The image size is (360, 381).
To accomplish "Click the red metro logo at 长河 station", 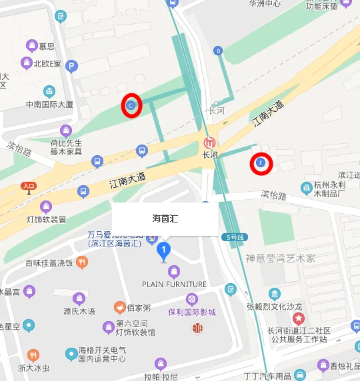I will click(210, 143).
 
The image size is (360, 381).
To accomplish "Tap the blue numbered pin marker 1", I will click(163, 251).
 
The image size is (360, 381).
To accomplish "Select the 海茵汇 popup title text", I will click(165, 218).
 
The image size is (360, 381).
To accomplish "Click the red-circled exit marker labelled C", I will click(131, 105).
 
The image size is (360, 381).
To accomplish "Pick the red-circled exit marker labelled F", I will click(261, 163).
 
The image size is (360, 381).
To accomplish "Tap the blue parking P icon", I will click(71, 66).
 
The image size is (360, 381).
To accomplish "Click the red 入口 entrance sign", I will click(28, 188).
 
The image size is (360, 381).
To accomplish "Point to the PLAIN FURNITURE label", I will click(174, 284).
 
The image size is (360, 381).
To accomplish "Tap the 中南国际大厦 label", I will click(49, 105).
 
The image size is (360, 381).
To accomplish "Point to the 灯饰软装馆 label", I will click(46, 219).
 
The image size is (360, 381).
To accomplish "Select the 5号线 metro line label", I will click(237, 236).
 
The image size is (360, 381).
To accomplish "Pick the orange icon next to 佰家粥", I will click(119, 308).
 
